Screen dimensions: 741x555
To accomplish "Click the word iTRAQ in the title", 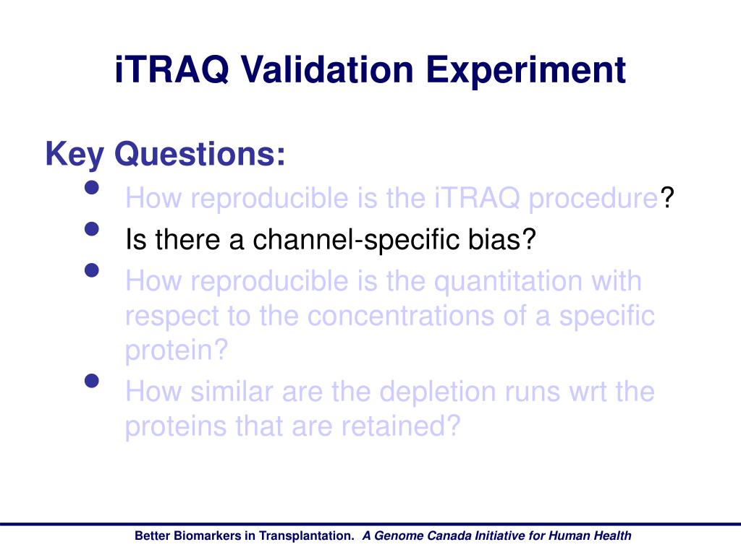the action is [172, 70].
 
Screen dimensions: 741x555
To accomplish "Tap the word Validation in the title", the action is [328, 70].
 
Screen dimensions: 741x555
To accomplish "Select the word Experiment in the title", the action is [526, 71].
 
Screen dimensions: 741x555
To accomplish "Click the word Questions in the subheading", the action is [200, 155].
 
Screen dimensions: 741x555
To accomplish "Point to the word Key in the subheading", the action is [75, 155].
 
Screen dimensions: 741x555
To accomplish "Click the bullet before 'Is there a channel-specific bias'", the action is [92, 229].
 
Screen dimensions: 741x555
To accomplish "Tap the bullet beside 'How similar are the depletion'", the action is [92, 380].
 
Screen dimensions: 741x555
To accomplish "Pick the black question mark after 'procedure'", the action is [666, 197].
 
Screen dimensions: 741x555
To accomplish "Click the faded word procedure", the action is [593, 199].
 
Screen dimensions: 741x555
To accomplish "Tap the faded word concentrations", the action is [400, 317].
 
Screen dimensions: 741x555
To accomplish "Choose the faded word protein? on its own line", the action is [177, 351].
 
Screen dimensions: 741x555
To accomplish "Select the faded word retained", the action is [394, 426].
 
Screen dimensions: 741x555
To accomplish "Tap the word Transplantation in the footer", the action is [305, 536].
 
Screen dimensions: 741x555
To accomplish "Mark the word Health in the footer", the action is [612, 535].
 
